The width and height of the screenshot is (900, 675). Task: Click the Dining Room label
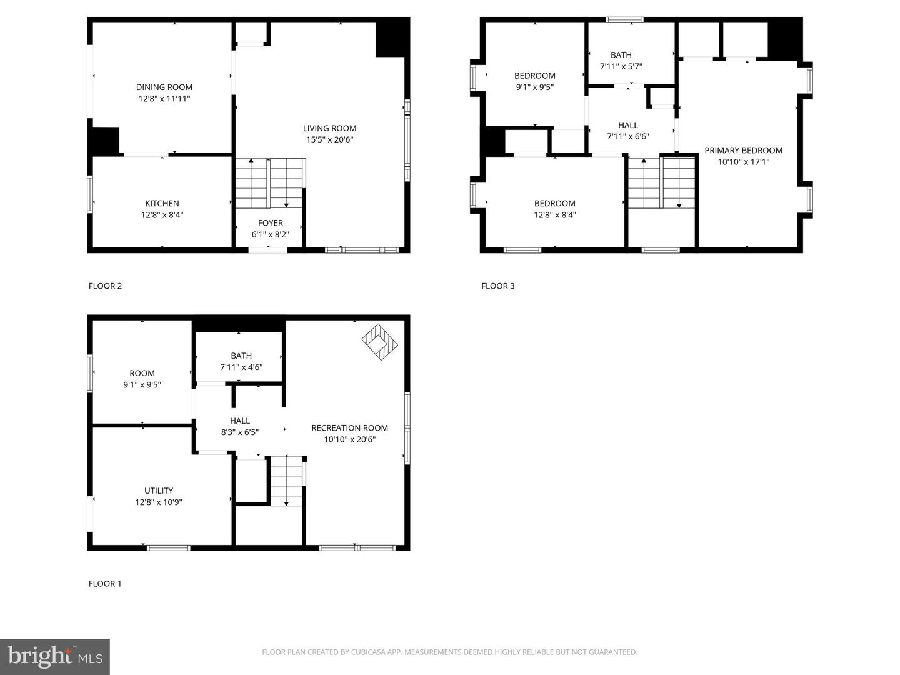(x=164, y=87)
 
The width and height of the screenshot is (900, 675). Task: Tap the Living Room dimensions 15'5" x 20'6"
(x=330, y=140)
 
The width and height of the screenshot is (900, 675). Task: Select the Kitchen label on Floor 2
(x=162, y=204)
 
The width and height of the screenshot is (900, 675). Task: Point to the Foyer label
(x=271, y=223)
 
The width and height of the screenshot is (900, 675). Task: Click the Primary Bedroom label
(x=743, y=151)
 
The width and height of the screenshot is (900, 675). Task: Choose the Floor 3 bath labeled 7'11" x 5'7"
(x=621, y=61)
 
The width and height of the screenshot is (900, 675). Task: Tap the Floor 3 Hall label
(x=628, y=125)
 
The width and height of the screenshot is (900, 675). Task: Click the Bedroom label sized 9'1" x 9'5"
(x=534, y=76)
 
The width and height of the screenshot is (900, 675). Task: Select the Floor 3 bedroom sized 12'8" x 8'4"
(x=554, y=209)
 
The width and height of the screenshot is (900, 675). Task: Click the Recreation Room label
(x=349, y=428)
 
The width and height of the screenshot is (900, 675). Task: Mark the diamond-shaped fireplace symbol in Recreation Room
(x=379, y=341)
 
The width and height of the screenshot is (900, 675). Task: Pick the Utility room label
(x=159, y=491)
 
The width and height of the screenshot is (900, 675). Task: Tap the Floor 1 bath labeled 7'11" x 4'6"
(x=241, y=361)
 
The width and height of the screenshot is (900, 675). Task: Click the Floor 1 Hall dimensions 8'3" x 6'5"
(x=239, y=432)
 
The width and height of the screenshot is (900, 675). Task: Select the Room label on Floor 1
(x=142, y=374)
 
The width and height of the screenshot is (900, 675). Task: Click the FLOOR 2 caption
(x=105, y=286)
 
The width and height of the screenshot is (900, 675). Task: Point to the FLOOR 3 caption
(x=497, y=286)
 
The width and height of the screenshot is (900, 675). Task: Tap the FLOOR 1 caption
(x=105, y=584)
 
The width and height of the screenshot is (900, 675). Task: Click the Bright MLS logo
(x=55, y=656)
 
